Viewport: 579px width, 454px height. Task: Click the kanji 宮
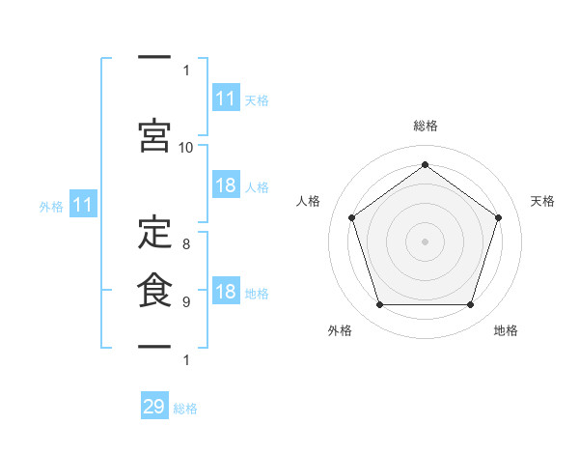(154, 134)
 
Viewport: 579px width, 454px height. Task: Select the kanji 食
(154, 289)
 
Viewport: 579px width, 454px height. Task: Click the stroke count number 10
(186, 148)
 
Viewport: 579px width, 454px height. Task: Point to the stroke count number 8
(186, 244)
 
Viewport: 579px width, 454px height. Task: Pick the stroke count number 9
(186, 302)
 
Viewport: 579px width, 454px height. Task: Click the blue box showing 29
(154, 407)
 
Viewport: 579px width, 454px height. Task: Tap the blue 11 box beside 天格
(226, 99)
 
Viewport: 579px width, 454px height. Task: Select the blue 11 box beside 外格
(82, 205)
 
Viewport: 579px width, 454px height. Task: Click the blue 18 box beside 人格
(226, 185)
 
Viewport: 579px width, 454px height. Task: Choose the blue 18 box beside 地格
(226, 292)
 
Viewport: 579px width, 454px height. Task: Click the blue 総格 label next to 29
(186, 409)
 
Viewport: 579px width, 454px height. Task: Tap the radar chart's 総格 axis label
(426, 126)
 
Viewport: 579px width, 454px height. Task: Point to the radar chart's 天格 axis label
(542, 201)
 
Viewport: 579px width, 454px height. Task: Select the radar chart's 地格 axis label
(506, 330)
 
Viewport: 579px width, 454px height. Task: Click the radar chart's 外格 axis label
(340, 330)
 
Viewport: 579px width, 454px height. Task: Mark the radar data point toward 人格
(352, 217)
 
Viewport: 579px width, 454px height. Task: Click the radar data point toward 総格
(426, 165)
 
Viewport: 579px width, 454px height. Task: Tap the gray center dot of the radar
(426, 241)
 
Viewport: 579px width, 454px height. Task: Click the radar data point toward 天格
(499, 217)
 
